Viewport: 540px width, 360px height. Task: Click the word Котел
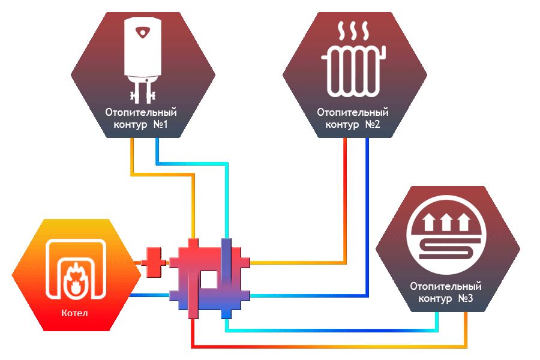pyautogui.click(x=75, y=313)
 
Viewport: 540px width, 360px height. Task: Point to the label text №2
pyautogui.click(x=373, y=125)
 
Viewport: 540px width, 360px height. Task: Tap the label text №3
pyautogui.click(x=465, y=298)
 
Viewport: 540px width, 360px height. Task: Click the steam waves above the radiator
pyautogui.click(x=353, y=29)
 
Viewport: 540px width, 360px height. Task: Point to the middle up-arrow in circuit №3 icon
pyautogui.click(x=445, y=223)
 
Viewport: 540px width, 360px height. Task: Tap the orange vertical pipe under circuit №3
pyautogui.click(x=464, y=327)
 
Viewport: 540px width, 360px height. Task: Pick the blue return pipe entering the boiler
pyautogui.click(x=147, y=295)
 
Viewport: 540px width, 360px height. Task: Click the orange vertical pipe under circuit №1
pyautogui.click(x=132, y=156)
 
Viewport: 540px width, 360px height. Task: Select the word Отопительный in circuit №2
pyautogui.click(x=353, y=112)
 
